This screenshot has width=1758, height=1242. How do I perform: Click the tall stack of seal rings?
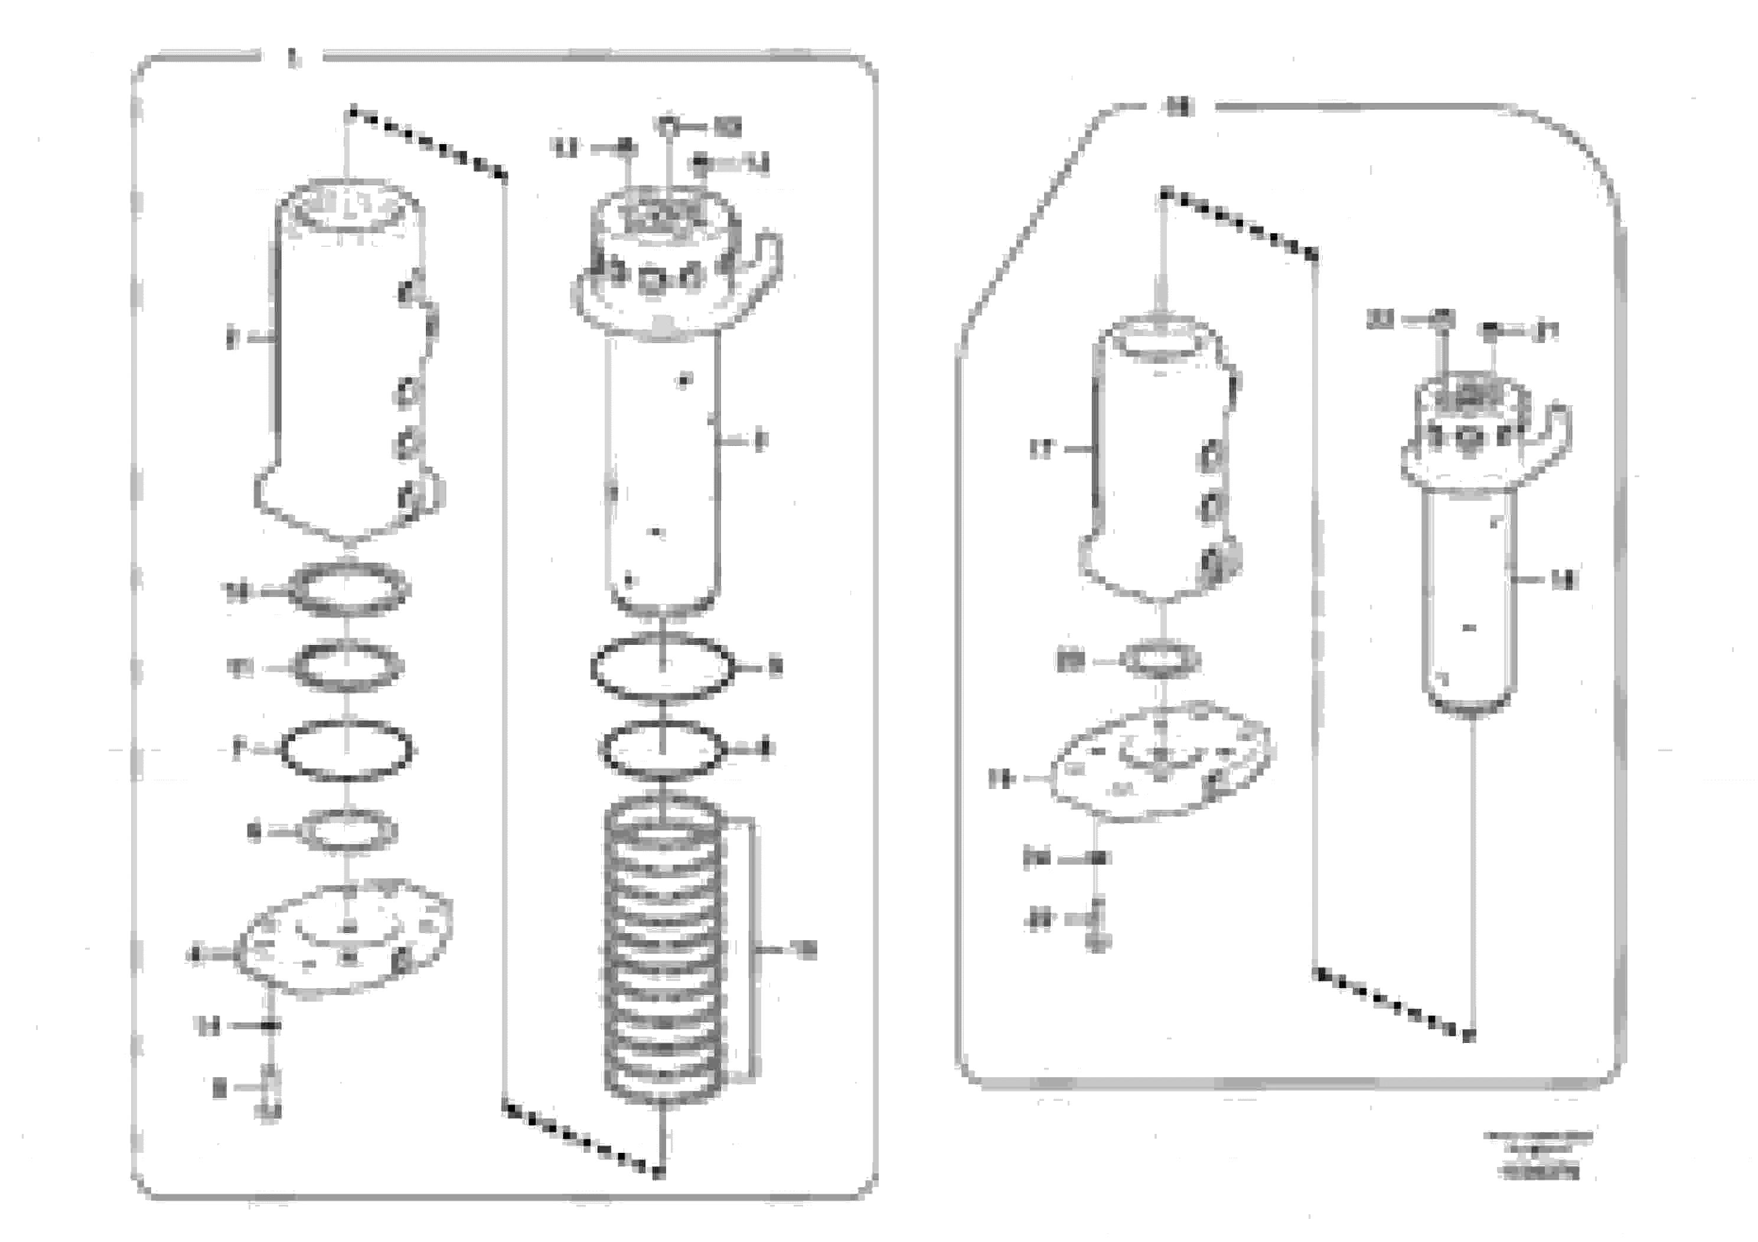pyautogui.click(x=663, y=950)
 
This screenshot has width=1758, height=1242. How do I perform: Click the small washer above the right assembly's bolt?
pyautogui.click(x=1098, y=858)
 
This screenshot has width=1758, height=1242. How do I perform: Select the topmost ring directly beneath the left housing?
pyautogui.click(x=348, y=589)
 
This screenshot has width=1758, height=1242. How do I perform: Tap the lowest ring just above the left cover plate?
pyautogui.click(x=348, y=830)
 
